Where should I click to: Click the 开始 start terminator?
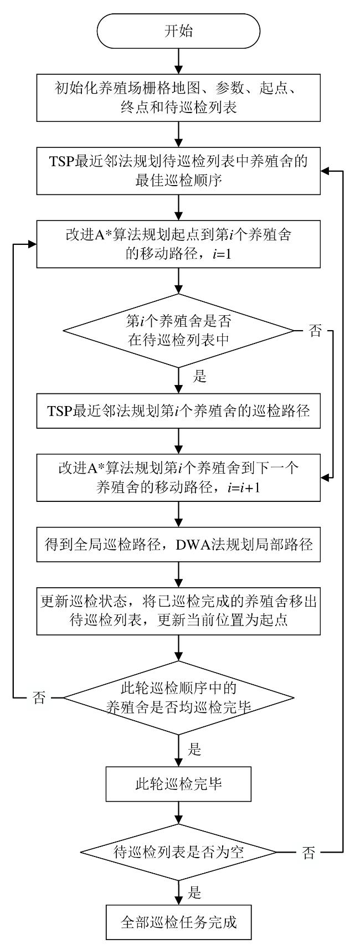click(x=178, y=31)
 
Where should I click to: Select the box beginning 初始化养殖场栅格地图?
click(x=178, y=98)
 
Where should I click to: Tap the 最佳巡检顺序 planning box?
click(x=178, y=171)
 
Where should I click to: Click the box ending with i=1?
click(x=178, y=244)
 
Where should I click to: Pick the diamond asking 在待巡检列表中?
click(x=178, y=331)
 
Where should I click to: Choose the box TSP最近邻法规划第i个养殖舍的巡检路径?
click(x=178, y=411)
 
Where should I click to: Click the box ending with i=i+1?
click(x=178, y=478)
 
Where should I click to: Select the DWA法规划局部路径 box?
click(x=178, y=545)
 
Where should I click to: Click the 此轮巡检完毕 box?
click(x=178, y=784)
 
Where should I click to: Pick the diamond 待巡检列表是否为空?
click(x=178, y=853)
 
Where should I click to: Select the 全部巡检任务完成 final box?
click(x=178, y=923)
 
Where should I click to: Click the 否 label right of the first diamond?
click(x=315, y=332)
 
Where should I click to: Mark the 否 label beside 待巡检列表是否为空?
click(x=308, y=853)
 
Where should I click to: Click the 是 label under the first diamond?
click(x=199, y=377)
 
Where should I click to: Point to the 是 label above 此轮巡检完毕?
click(x=194, y=750)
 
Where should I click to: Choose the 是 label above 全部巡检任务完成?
click(x=194, y=892)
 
